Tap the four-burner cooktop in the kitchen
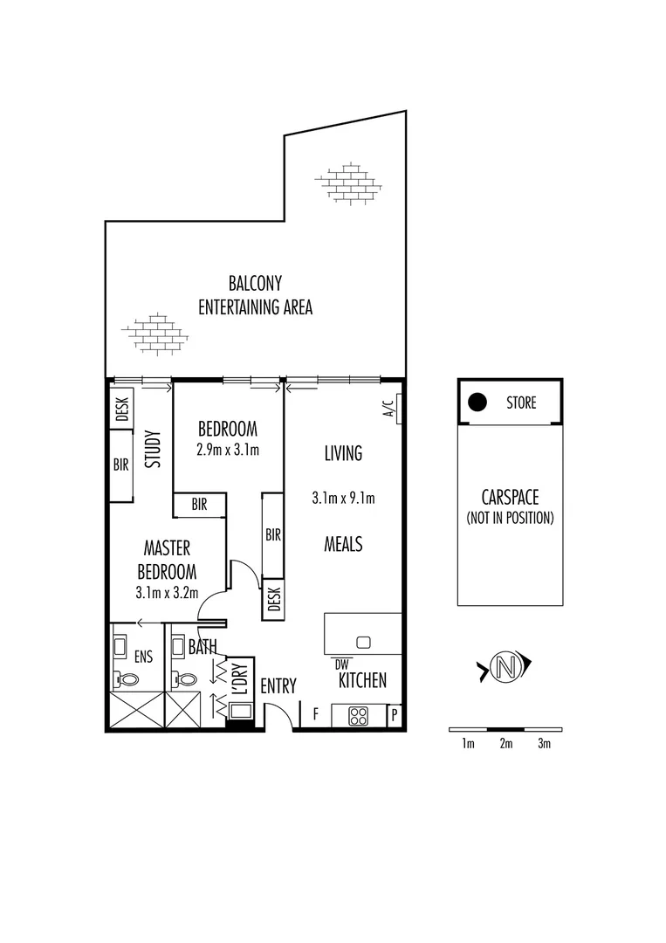(x=358, y=716)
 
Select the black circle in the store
(x=477, y=403)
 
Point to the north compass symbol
(x=504, y=669)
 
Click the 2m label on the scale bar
(x=505, y=744)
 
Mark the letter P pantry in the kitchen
(x=394, y=716)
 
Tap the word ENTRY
(x=278, y=686)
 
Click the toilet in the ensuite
(x=128, y=678)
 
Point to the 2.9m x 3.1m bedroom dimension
(x=228, y=451)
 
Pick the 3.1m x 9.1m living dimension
(x=343, y=499)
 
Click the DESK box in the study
(x=121, y=409)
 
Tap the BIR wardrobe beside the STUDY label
(x=120, y=465)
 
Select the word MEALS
(x=343, y=544)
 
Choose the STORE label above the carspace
(x=521, y=403)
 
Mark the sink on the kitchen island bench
(x=363, y=643)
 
